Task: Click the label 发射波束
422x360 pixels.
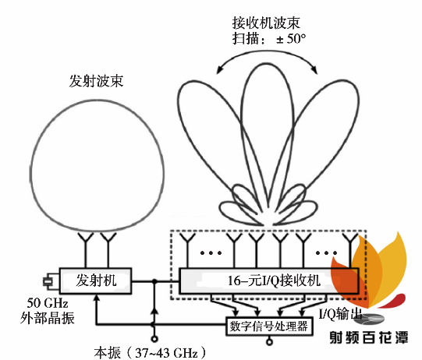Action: coord(96,81)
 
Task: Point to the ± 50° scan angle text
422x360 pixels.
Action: coord(291,39)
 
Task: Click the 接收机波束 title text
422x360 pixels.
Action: coord(266,23)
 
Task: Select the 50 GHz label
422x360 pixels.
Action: coord(48,303)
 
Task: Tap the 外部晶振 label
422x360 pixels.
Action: coord(48,318)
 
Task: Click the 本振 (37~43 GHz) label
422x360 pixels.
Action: coord(150,352)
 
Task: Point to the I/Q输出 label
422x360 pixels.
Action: coord(340,313)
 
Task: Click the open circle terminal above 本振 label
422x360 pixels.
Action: coord(154,339)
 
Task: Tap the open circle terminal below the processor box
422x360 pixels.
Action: coord(269,342)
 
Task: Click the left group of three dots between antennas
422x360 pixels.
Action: coord(211,252)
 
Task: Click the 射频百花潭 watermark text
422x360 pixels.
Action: coord(369,337)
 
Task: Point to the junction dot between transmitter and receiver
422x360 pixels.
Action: coord(154,281)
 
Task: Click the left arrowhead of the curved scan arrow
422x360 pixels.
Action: coord(220,69)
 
